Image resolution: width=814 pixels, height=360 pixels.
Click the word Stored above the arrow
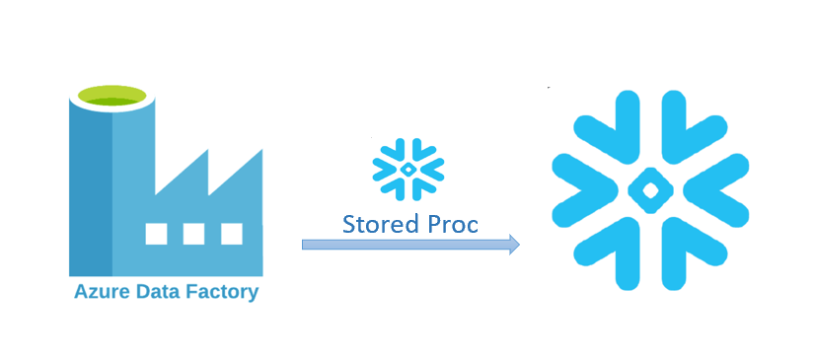coord(373,224)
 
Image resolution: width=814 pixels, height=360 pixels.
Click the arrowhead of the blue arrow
coord(514,245)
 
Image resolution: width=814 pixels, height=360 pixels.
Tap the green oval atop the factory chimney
coord(111,96)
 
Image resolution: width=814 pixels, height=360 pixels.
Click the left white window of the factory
coord(156,234)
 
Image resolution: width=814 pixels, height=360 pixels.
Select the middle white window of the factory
coord(193,234)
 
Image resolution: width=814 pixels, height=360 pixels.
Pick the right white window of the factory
coord(232,234)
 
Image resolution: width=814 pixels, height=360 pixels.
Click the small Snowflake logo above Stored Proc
coord(408,169)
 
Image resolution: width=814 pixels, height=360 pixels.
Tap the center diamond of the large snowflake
coord(650,190)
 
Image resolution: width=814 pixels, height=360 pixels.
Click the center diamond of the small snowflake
coord(408,169)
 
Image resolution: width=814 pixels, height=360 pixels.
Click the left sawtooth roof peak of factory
coord(207,150)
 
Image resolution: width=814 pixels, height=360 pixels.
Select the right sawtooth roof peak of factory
coord(261,151)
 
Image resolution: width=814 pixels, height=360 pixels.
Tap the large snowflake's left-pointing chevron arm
coord(715,190)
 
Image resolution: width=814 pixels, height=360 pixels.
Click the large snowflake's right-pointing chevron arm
coord(584,190)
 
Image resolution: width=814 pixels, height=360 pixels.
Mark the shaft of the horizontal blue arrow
coord(406,245)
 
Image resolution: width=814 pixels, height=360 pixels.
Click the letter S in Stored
coord(349,224)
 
